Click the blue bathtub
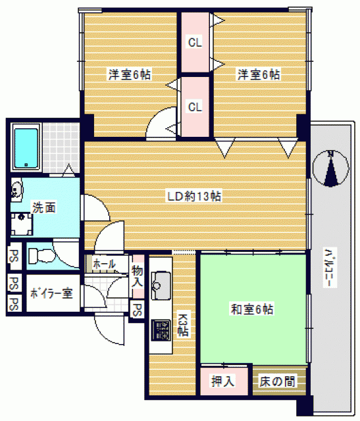coord(26,148)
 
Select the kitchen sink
coord(161,285)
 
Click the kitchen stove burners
coord(161,330)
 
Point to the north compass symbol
coord(331,168)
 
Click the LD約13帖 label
coord(194,197)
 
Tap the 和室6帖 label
coord(251,309)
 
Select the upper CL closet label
coord(195,42)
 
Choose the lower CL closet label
coord(195,107)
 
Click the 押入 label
coord(223,381)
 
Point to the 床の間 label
coord(277,382)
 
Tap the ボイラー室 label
coord(51,293)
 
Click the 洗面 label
coord(44,208)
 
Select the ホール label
coord(104,264)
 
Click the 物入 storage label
coord(138,276)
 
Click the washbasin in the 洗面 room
coord(16,189)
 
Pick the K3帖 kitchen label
coord(184,324)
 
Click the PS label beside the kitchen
coord(137,310)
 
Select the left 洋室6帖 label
coord(130,74)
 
